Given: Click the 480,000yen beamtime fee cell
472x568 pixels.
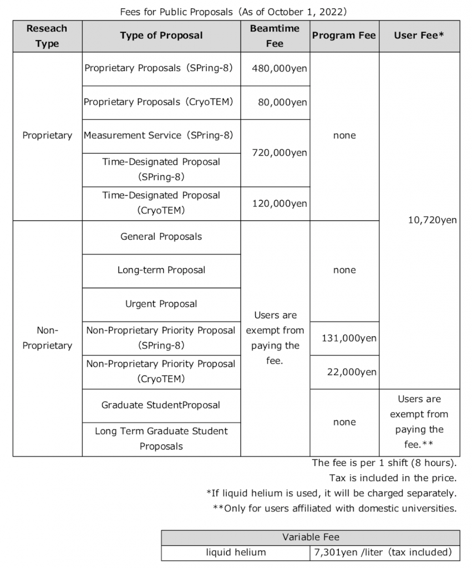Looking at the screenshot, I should [x=275, y=69].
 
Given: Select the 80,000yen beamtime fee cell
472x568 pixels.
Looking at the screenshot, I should [x=275, y=103].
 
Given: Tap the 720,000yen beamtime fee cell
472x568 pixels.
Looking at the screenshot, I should [x=275, y=153].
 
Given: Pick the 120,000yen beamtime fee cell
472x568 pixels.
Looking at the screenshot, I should [x=275, y=204].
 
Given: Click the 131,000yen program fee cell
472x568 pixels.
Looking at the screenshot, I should [x=344, y=338].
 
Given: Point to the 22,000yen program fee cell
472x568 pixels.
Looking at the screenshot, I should [x=344, y=372].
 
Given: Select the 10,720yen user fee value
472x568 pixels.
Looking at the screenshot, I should [x=420, y=220].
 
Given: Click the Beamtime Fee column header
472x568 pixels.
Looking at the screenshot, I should [x=275, y=35].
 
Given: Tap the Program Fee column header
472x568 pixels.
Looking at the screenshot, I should [x=344, y=35].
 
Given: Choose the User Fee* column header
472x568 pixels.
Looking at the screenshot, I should [x=420, y=35].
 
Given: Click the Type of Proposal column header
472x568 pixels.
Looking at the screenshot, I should [x=161, y=35].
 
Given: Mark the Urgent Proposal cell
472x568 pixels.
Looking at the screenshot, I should [x=161, y=304].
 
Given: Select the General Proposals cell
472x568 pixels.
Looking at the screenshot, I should [x=161, y=237].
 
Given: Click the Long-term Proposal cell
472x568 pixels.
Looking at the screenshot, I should [x=161, y=271].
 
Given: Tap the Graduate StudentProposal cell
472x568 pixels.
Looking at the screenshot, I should [x=161, y=405].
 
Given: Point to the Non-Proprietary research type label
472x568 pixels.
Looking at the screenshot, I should [x=47, y=338].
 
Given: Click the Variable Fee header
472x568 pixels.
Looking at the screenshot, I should [x=311, y=537].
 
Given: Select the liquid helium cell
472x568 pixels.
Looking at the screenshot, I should [x=236, y=552].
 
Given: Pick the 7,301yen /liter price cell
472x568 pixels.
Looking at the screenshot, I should [x=384, y=552].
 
